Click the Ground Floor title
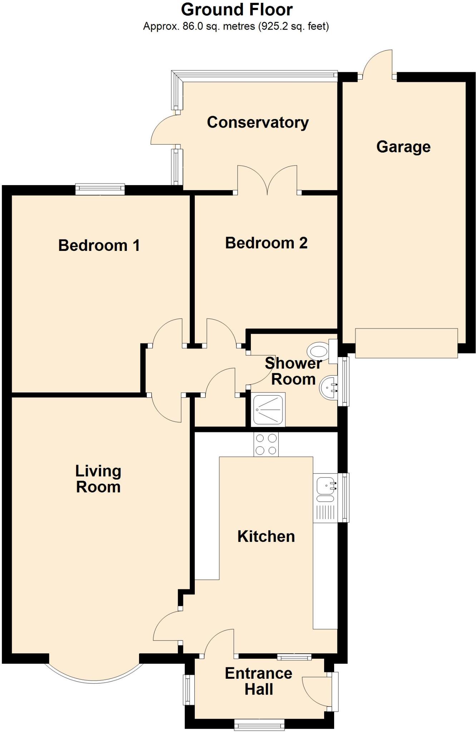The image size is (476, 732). point(237,10)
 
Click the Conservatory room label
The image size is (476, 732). point(258,122)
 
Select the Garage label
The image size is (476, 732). point(403,147)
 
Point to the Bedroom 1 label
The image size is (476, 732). point(99,245)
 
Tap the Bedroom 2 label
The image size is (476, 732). point(266,243)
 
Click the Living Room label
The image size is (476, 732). point(98,479)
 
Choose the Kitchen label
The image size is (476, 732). point(266,536)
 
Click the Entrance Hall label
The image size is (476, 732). point(258,681)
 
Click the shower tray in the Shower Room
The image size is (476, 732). point(268,409)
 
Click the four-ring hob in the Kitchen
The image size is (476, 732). point(266,444)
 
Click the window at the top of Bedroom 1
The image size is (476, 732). point(100,189)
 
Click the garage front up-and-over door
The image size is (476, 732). point(406,343)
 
